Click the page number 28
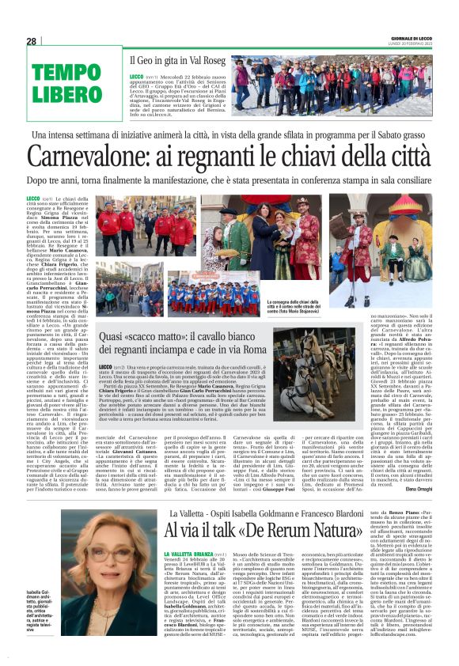click(31, 41)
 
